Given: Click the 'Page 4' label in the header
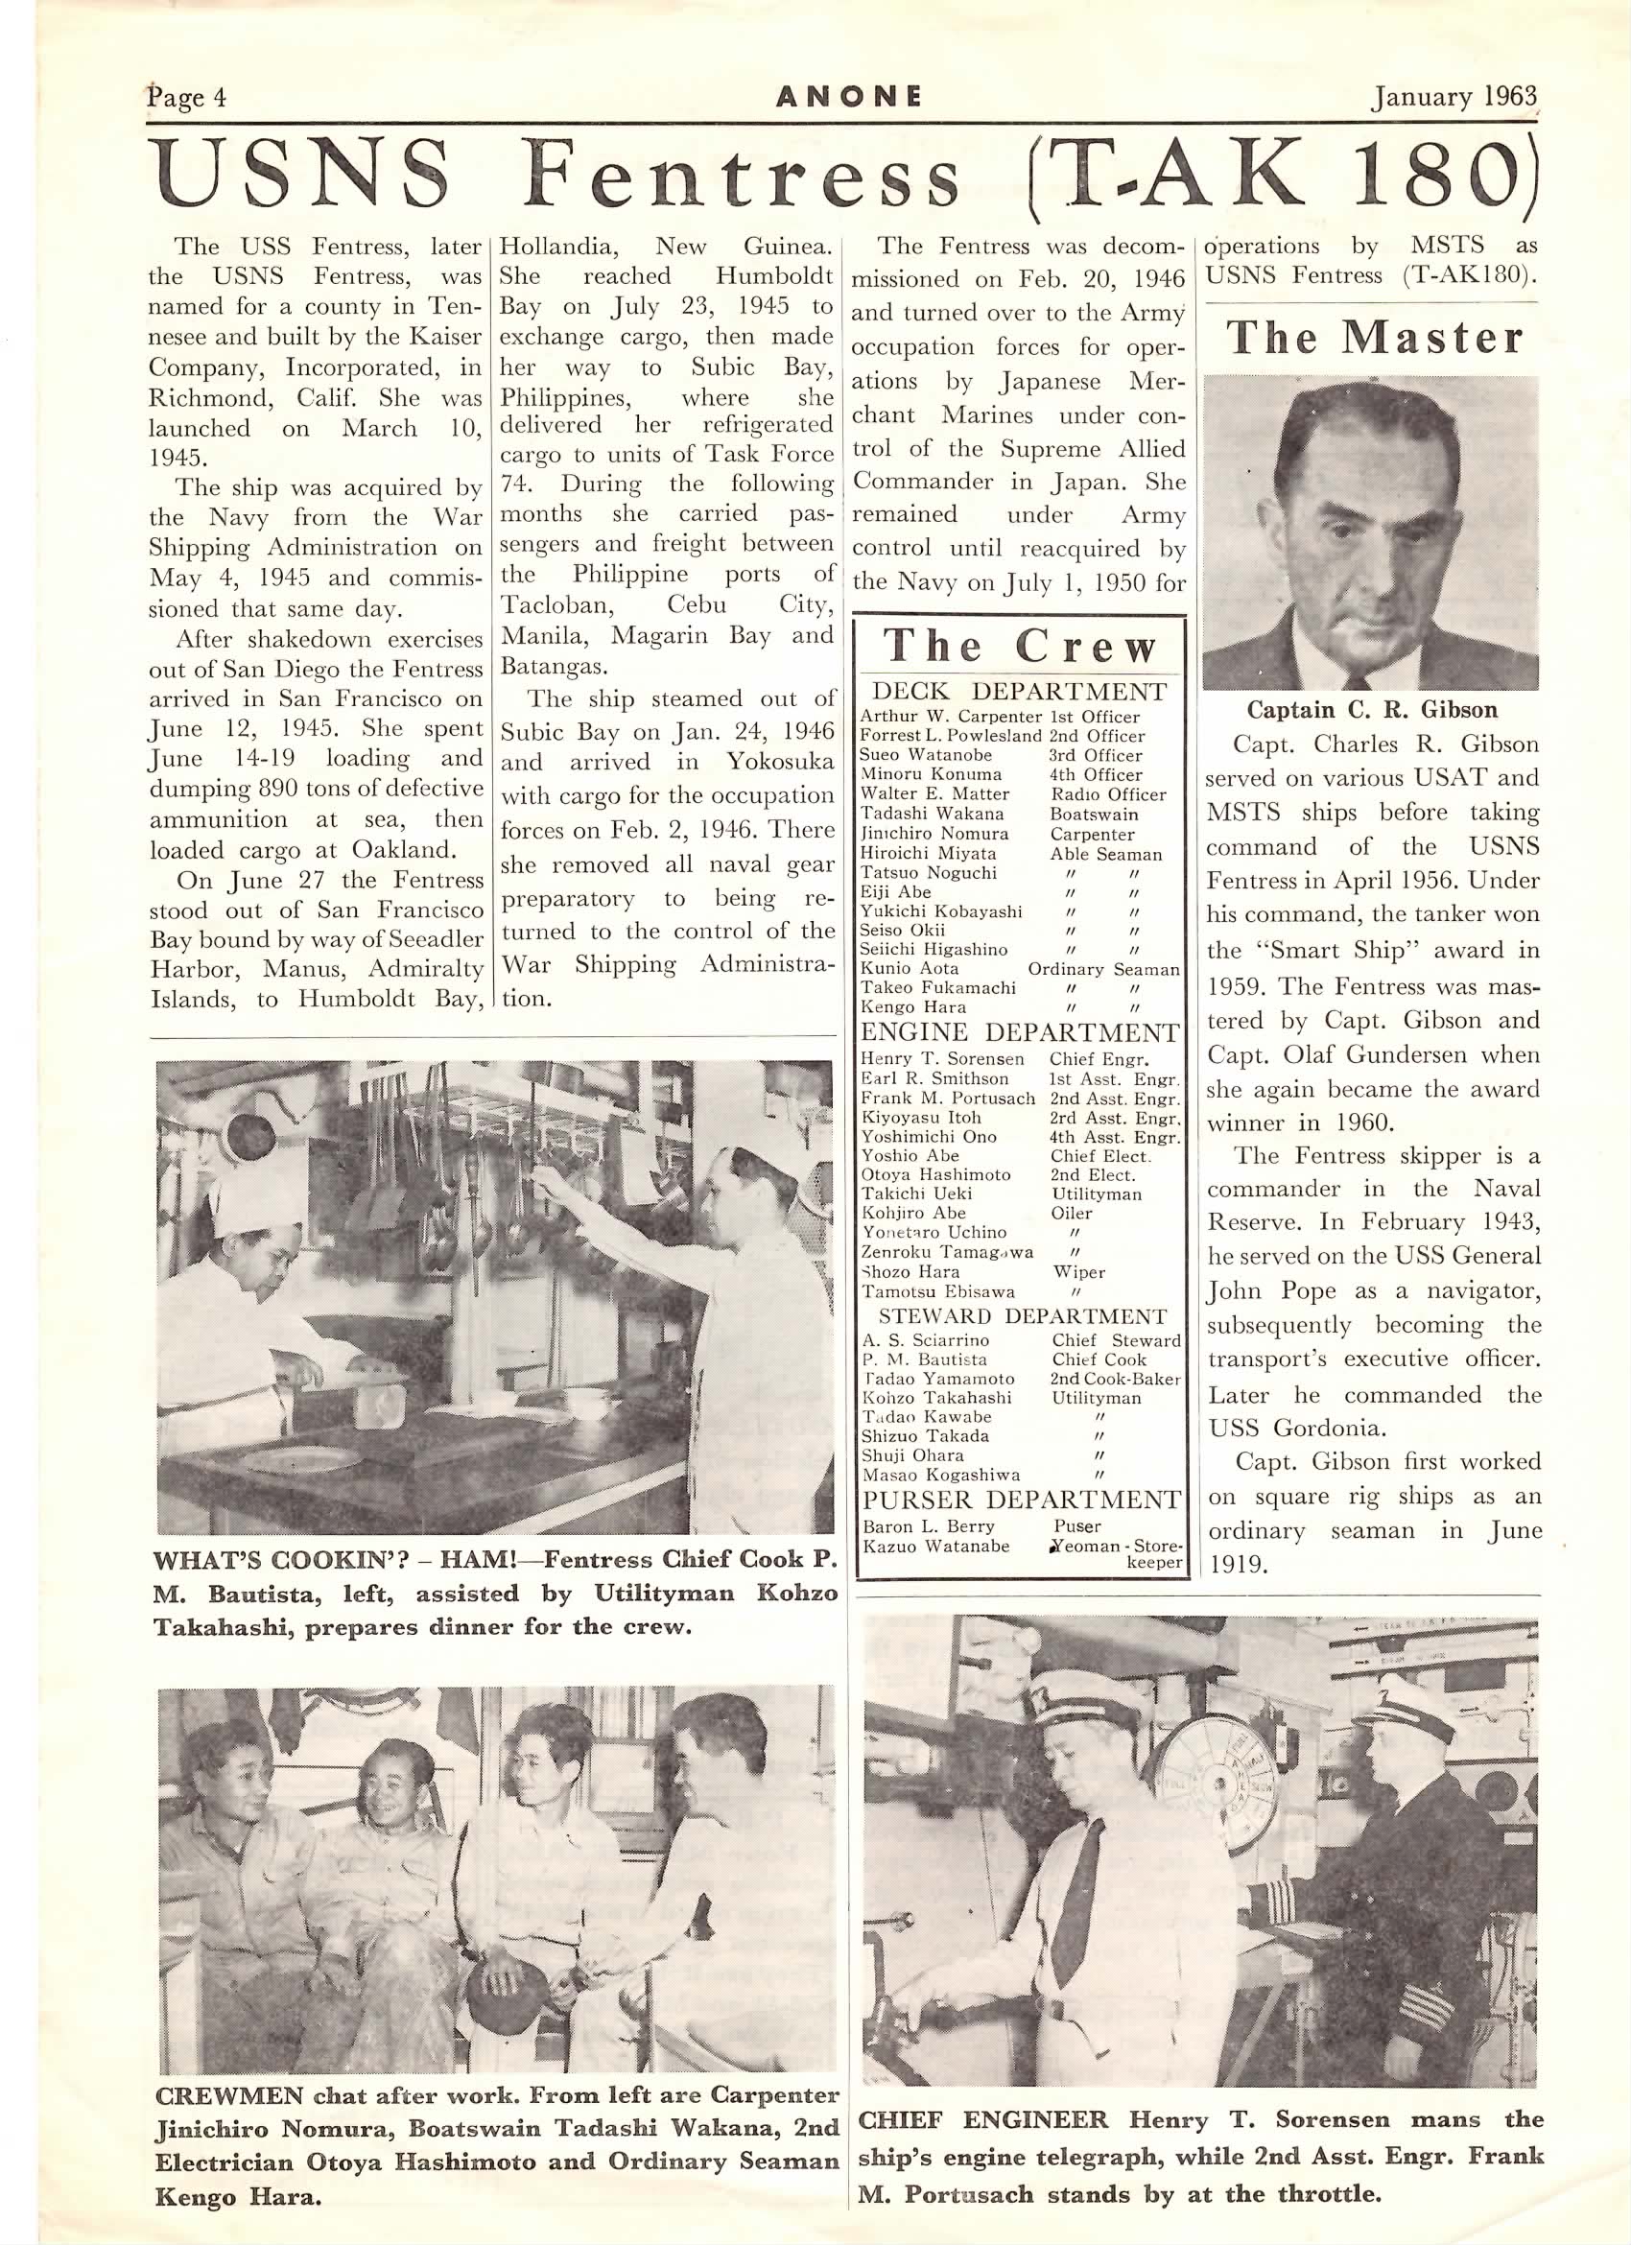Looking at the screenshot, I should click(x=187, y=96).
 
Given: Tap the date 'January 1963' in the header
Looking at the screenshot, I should click(x=1453, y=96).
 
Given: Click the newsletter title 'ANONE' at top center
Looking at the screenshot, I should click(x=849, y=96).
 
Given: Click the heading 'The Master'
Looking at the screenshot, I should click(x=1375, y=339).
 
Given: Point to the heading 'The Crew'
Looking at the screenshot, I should click(x=1021, y=648).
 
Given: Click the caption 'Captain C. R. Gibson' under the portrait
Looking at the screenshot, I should click(x=1372, y=710).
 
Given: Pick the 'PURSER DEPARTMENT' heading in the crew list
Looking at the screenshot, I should click(x=1022, y=1499).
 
